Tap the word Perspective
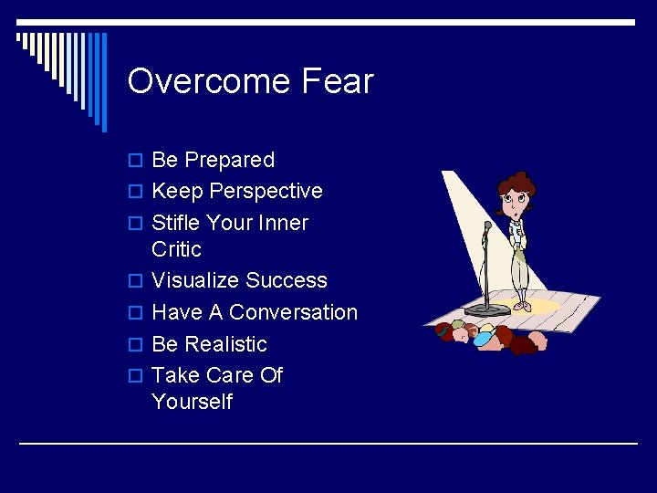click(x=266, y=192)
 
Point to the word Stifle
click(x=177, y=223)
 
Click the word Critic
click(x=176, y=249)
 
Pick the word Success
click(x=286, y=280)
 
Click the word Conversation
click(x=293, y=312)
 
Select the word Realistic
click(x=225, y=344)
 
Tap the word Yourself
click(x=192, y=402)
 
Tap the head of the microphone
click(x=488, y=225)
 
